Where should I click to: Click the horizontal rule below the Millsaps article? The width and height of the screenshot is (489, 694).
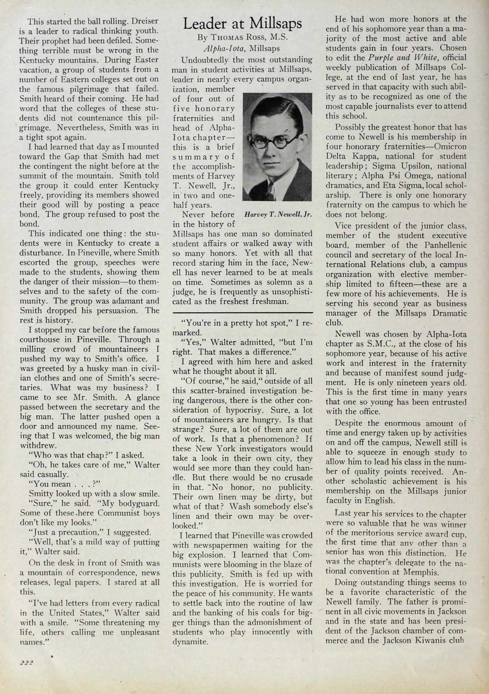[x=243, y=312]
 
